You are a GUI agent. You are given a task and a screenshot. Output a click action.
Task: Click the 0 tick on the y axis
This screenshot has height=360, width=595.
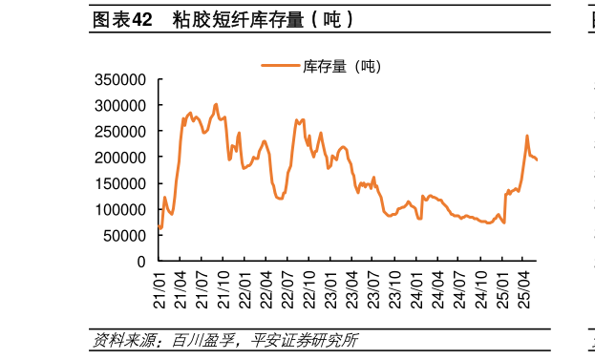(140, 261)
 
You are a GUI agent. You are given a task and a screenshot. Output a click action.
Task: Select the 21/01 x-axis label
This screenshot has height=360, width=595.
(159, 286)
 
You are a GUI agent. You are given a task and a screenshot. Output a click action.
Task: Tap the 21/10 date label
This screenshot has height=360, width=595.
(223, 286)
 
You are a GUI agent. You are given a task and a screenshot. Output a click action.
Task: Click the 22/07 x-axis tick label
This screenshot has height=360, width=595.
(288, 286)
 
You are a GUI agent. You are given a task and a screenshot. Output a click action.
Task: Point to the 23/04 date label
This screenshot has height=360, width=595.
(352, 286)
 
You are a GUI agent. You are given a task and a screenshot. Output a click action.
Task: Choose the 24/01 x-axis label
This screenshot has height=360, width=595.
(417, 286)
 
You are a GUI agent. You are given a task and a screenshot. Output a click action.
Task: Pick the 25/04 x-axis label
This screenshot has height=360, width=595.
(523, 286)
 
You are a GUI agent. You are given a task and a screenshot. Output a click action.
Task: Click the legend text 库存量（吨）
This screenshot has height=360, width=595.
(341, 66)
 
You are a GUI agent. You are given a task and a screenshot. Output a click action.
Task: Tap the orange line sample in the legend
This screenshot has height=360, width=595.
(280, 66)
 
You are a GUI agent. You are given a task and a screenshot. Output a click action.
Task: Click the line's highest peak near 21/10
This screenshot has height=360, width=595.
(216, 104)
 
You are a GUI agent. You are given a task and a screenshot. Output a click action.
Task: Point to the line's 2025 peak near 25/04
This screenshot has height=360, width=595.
(527, 136)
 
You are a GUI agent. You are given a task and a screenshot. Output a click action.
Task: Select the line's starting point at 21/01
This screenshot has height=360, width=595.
(159, 226)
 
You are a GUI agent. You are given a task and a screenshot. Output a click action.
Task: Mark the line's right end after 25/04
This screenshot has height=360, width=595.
(537, 160)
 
